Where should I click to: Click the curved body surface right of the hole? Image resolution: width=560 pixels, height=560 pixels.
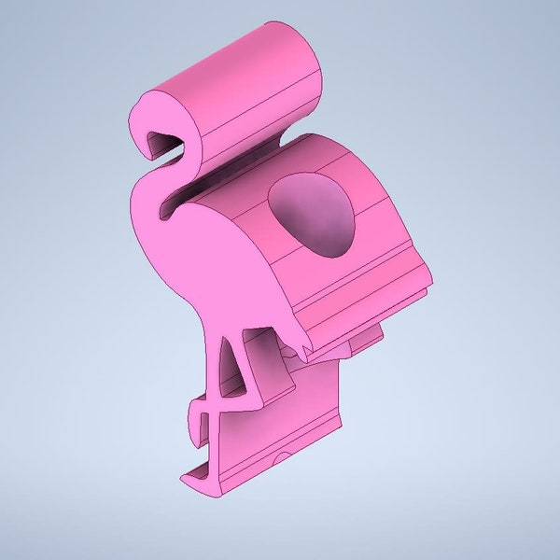383,224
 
